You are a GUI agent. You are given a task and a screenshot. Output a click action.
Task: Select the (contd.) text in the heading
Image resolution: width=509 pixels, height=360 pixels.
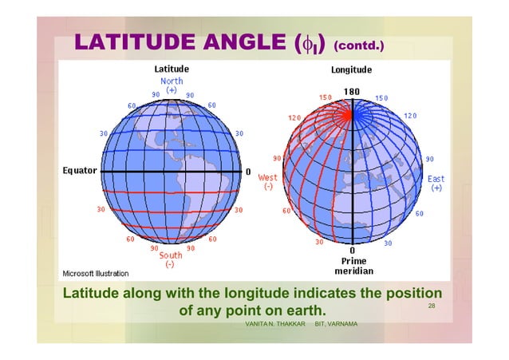point(359,45)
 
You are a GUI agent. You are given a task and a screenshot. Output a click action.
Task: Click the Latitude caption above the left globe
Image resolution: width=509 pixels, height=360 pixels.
point(172,69)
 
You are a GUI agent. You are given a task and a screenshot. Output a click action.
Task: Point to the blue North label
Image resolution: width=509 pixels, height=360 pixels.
point(172,81)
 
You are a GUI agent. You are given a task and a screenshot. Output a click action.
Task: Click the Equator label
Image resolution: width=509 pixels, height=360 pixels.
point(80,171)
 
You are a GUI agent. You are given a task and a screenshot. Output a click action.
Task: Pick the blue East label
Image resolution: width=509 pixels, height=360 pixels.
point(436,180)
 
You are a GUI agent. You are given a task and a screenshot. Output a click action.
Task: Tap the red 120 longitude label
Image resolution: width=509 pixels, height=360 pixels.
point(294,117)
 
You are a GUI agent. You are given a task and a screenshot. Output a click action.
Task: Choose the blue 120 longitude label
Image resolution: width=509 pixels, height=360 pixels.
point(409,116)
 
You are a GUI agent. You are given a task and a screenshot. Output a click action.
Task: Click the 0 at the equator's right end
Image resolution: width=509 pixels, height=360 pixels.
point(247,172)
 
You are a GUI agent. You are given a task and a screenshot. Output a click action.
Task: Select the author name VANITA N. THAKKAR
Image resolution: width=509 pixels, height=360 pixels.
point(275,324)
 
